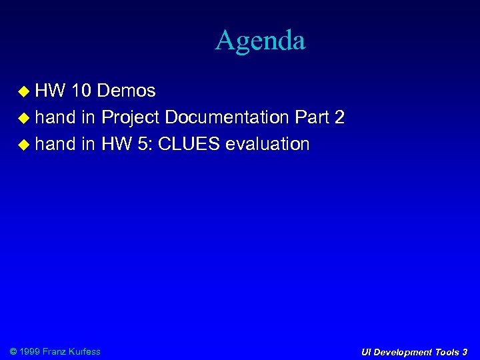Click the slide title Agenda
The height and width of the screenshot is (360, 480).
[260, 41]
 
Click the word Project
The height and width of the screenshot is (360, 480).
[130, 118]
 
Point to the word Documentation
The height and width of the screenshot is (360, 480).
[226, 117]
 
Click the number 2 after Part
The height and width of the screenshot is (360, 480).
[339, 117]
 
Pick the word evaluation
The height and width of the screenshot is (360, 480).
[267, 144]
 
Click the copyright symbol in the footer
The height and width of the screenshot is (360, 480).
[14, 351]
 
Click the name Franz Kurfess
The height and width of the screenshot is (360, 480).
[71, 351]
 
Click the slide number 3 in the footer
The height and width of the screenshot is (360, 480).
[465, 351]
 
